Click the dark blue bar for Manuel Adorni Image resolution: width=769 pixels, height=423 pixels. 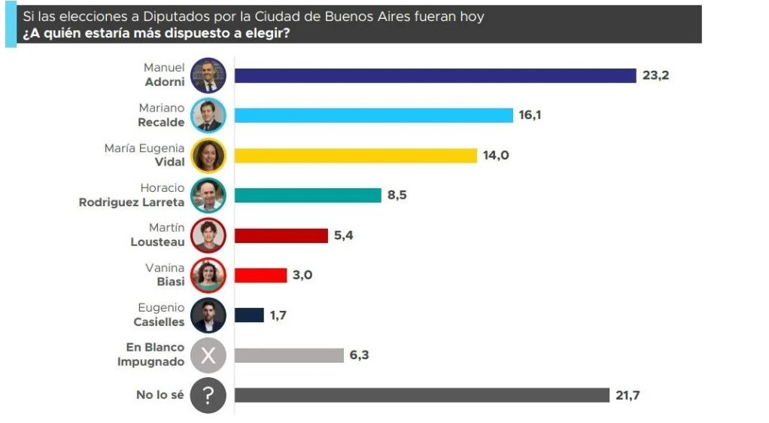click(x=436, y=75)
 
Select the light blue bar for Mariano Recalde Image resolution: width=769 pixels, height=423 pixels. click(x=373, y=115)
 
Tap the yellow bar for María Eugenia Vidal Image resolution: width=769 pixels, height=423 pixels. click(x=356, y=155)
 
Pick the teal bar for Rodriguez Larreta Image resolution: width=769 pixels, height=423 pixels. click(x=308, y=195)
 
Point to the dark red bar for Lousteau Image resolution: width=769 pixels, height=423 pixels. click(x=281, y=236)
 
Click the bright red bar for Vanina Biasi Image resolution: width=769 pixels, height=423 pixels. click(x=260, y=275)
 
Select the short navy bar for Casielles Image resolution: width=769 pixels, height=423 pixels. click(x=249, y=315)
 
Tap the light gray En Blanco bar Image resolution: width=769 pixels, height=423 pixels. click(x=289, y=355)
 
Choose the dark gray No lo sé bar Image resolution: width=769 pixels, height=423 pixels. click(x=421, y=395)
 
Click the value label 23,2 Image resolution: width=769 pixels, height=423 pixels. click(x=656, y=75)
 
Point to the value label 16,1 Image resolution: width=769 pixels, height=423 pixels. click(x=530, y=115)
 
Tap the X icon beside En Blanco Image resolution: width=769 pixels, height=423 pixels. click(x=208, y=355)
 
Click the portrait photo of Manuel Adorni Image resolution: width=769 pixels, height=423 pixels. click(x=208, y=75)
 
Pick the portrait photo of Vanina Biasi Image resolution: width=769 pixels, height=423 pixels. click(x=208, y=275)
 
